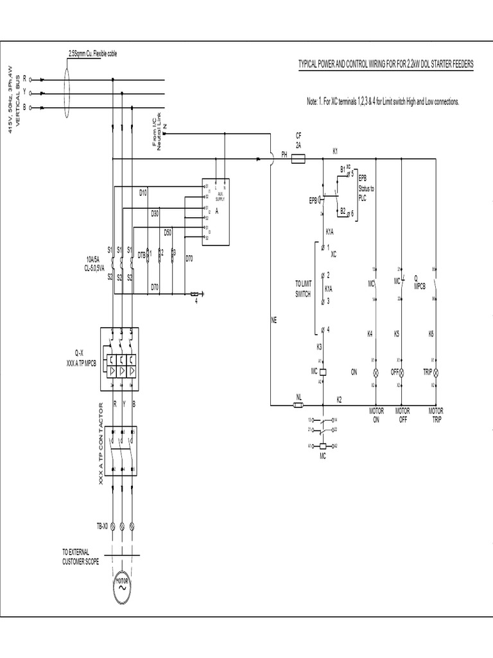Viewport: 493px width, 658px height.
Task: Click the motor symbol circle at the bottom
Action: [123, 587]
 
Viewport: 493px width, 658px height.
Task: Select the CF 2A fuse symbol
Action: [298, 156]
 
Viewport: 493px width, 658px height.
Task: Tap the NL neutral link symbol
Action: [298, 405]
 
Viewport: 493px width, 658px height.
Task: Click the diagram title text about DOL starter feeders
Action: [386, 66]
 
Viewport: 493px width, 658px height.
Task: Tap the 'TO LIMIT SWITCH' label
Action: [303, 288]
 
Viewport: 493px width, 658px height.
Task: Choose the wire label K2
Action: [340, 399]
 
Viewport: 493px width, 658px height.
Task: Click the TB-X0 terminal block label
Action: [103, 526]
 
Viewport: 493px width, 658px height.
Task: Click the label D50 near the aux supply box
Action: [168, 231]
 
